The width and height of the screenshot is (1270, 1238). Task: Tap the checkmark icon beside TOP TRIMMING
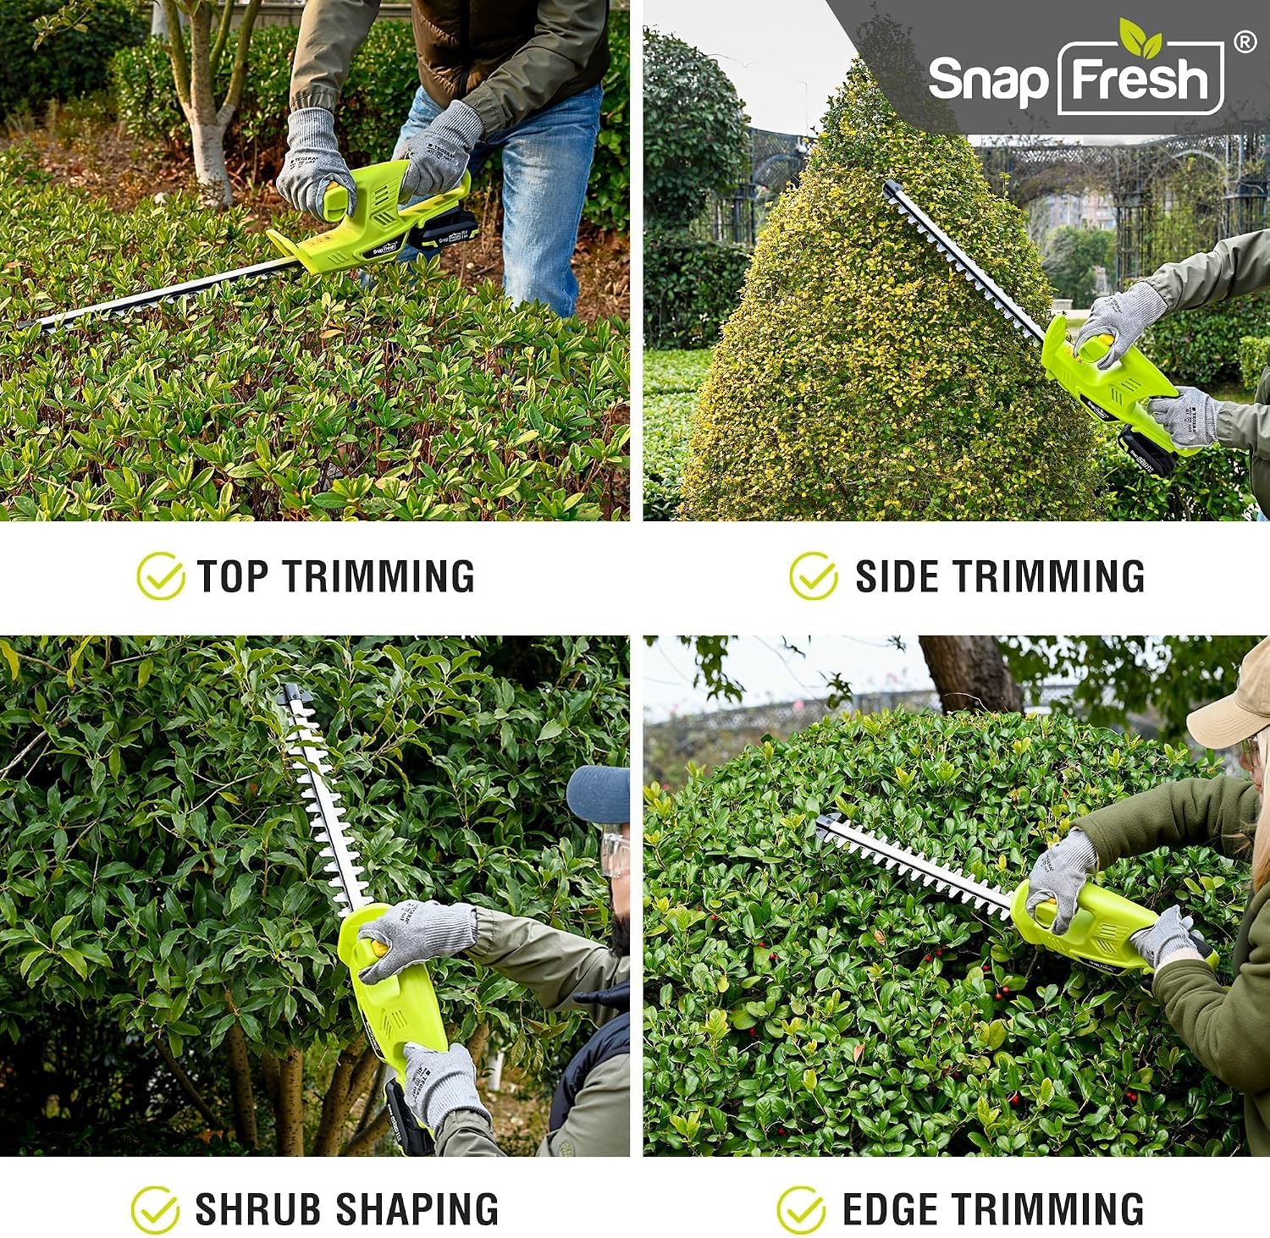click(x=160, y=575)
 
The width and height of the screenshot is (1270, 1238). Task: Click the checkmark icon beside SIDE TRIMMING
click(x=814, y=575)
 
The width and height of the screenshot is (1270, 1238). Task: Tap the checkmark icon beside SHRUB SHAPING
click(x=155, y=1209)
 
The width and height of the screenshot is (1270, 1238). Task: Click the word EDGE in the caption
click(x=891, y=1209)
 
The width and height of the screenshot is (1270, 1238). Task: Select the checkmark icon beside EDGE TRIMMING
click(x=801, y=1209)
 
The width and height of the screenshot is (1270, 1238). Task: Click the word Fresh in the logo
click(x=1140, y=79)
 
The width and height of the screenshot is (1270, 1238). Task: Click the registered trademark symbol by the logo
click(x=1245, y=42)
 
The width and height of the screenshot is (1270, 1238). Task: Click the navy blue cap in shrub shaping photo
click(x=598, y=793)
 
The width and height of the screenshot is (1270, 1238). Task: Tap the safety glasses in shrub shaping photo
click(x=615, y=855)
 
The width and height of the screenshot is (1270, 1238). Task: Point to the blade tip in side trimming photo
click(x=889, y=189)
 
